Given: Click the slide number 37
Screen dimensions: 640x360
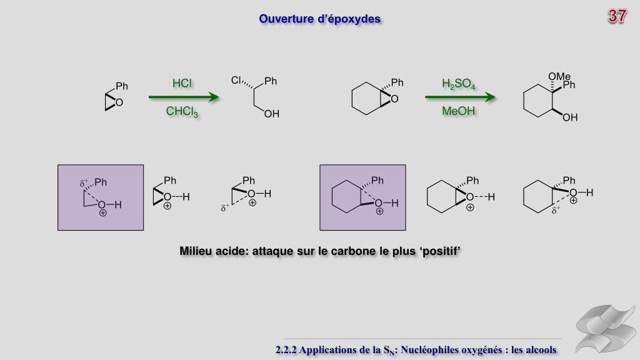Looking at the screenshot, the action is point(617,17).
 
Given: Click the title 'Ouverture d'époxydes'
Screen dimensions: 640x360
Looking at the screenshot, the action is point(319,19).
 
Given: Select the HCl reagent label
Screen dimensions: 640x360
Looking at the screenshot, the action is point(182,84).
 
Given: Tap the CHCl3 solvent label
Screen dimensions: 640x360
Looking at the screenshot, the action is point(182,112).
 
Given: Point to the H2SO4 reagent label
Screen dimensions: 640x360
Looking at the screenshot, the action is point(458,84).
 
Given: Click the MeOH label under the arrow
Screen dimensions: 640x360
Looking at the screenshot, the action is point(458,112).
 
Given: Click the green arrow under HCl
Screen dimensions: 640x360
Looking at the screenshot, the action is point(184,97).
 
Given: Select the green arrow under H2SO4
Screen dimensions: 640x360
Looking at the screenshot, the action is point(460,97).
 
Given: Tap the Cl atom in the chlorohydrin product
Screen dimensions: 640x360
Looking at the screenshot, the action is point(236,80).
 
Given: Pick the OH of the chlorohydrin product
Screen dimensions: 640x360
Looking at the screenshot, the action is point(271,114).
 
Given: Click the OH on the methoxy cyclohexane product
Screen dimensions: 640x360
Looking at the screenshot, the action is point(570,117).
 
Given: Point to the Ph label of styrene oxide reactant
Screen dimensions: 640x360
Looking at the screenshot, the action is point(121,86).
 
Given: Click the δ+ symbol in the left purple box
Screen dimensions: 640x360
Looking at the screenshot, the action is point(85,184).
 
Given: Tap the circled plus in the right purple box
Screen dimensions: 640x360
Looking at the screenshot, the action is point(379,212).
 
